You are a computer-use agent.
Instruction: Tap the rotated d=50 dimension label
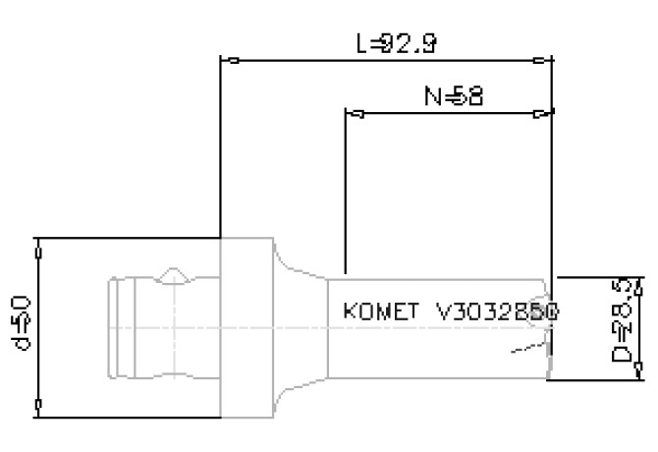click(x=22, y=325)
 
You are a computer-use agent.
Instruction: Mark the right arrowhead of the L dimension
click(x=541, y=61)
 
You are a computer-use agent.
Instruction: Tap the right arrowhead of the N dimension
click(x=541, y=114)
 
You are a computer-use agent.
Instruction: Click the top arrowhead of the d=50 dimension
click(x=38, y=250)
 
